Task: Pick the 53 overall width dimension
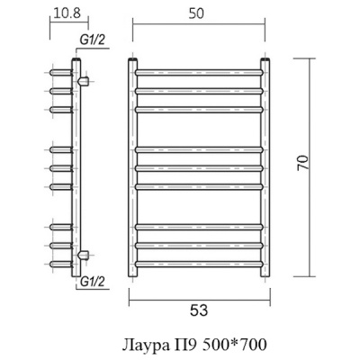[x=199, y=311]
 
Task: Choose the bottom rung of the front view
[x=199, y=265]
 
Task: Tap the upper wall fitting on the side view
[x=84, y=82]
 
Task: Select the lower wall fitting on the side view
[x=84, y=255]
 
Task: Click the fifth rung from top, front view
[x=199, y=167]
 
